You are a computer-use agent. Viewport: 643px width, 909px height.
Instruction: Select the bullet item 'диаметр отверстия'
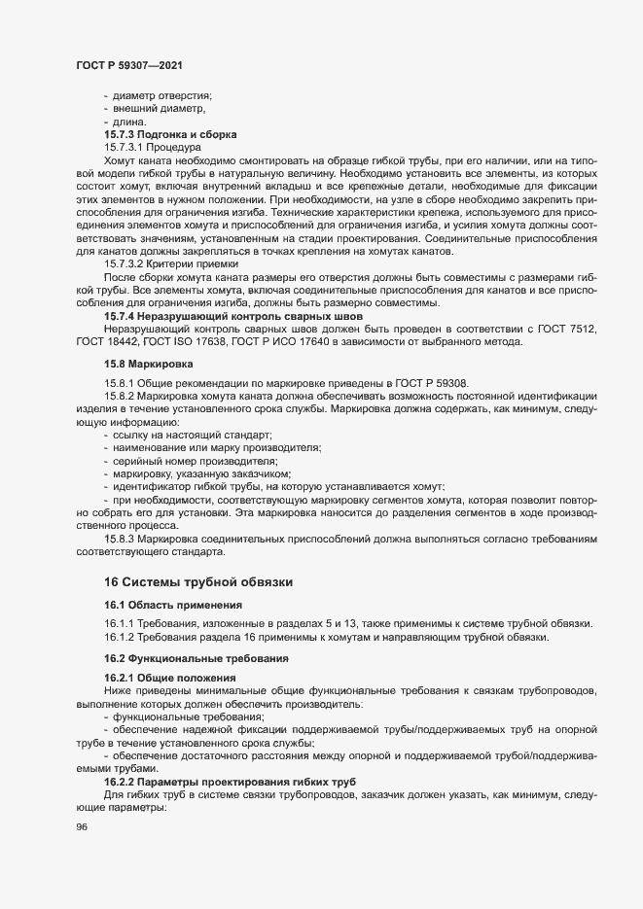pyautogui.click(x=162, y=94)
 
